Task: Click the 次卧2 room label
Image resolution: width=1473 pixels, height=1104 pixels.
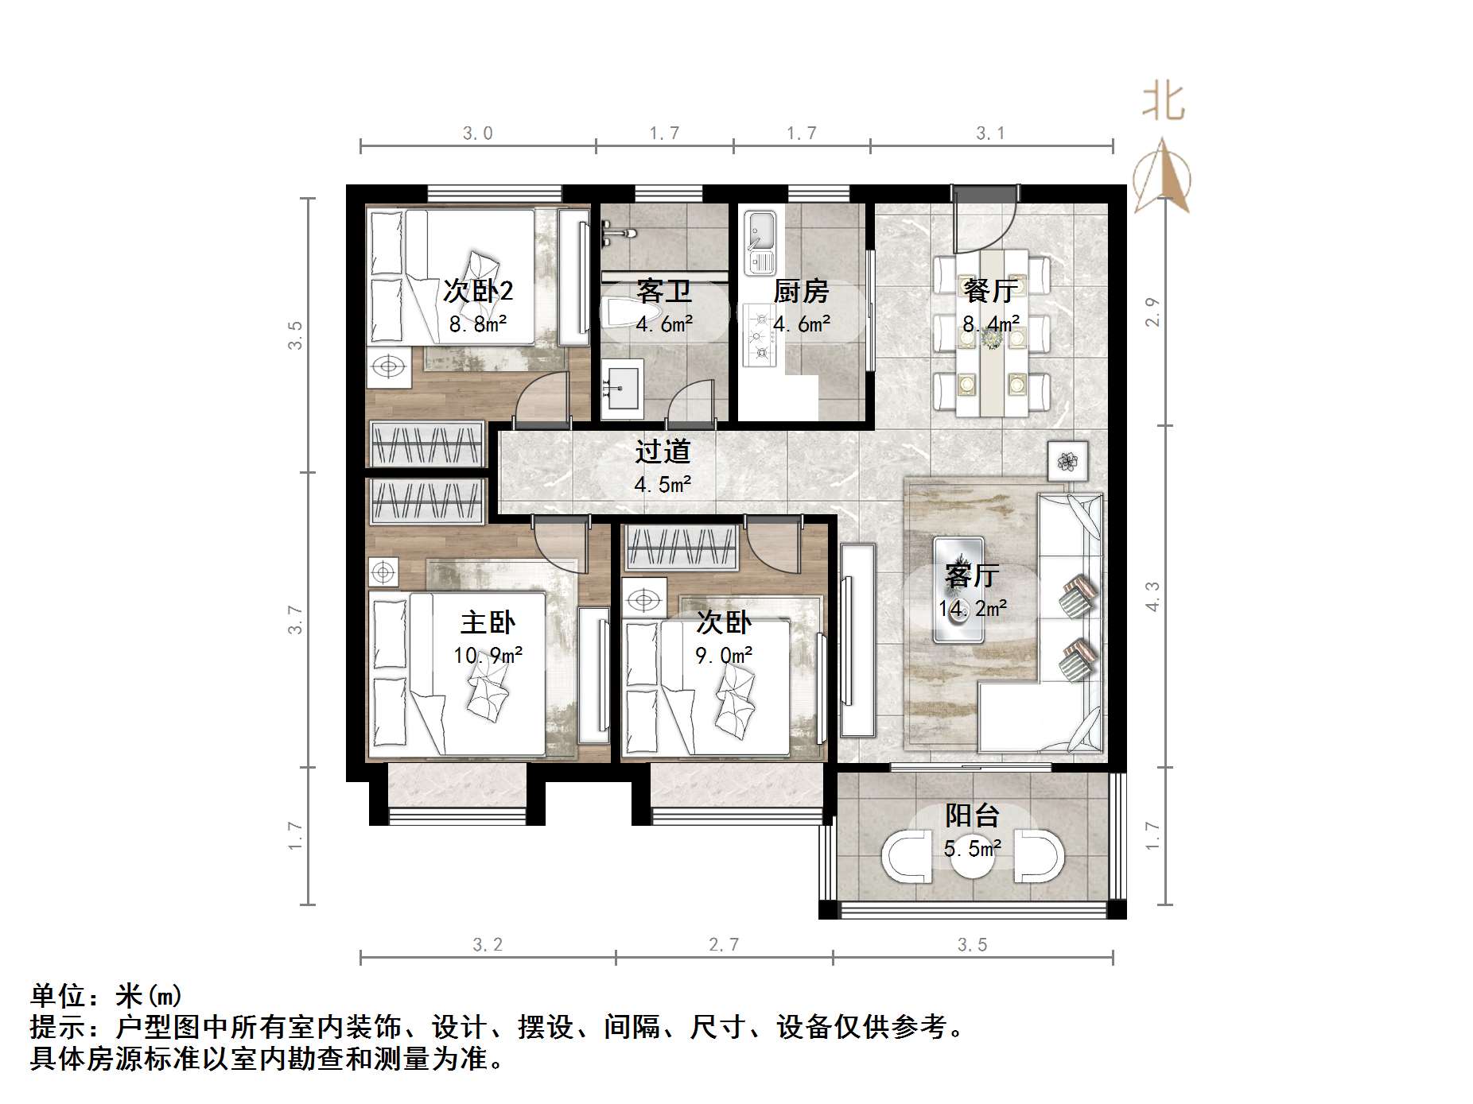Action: point(478,291)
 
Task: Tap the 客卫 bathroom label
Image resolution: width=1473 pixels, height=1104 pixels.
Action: point(663,291)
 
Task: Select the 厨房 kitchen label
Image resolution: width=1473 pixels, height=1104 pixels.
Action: point(801,291)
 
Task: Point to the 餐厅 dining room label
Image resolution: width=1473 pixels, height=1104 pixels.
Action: point(990,291)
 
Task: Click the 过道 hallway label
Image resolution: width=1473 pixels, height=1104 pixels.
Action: point(663,451)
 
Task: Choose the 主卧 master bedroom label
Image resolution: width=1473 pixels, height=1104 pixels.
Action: point(488,622)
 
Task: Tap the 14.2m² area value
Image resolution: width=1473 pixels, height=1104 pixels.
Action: point(973,610)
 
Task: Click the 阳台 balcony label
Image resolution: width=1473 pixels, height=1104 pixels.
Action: point(972,815)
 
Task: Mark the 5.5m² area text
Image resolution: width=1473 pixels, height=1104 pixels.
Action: point(972,849)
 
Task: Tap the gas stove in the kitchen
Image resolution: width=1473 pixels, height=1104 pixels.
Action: point(760,338)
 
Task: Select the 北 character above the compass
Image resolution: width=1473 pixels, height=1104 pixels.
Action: point(1163,102)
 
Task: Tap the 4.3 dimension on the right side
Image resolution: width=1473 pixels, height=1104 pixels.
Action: point(1152,596)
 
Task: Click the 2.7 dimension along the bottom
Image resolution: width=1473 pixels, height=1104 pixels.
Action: point(724,944)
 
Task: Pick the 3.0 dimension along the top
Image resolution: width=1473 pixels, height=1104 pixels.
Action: point(478,133)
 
